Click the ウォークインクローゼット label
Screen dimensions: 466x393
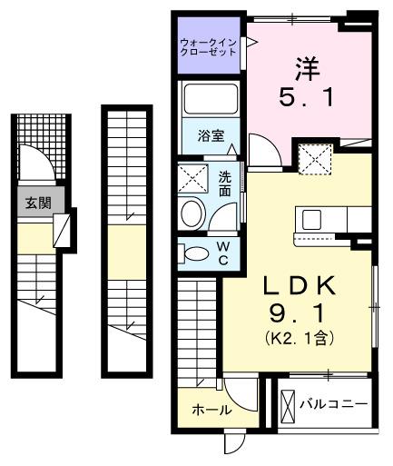coord(209,46)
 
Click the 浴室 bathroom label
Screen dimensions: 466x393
coord(210,138)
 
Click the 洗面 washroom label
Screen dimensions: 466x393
coord(223,183)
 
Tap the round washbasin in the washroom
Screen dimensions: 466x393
coord(192,213)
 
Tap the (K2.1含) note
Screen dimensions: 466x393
coord(300,339)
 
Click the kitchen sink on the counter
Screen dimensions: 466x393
coord(312,219)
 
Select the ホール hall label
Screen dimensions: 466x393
coord(210,411)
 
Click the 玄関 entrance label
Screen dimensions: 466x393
coord(36,203)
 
